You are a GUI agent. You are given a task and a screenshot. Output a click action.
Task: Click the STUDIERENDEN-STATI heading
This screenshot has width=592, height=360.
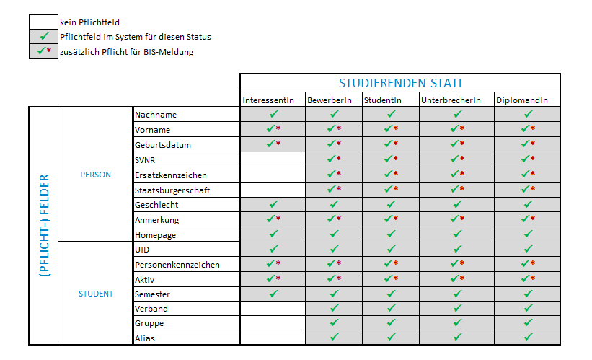400,83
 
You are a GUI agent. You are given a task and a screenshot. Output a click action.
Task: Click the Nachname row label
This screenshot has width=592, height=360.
155,115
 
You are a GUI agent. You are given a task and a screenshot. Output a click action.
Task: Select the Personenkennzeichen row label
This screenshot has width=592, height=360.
177,265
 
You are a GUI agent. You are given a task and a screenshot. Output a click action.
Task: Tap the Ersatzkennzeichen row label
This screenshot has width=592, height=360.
171,175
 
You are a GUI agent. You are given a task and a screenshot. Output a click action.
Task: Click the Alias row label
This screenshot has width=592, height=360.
145,338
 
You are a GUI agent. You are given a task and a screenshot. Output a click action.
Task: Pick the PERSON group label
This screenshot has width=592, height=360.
95,175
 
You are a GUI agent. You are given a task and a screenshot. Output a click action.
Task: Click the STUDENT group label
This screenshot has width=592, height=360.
96,294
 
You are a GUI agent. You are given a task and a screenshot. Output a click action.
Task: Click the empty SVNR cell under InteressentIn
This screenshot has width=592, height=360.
273,159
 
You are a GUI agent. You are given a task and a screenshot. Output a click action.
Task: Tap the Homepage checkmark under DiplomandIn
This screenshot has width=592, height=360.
528,234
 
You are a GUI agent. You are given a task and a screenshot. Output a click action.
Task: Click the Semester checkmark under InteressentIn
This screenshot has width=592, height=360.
273,294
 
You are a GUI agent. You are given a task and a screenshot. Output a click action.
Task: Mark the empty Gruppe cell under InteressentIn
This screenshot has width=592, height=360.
273,323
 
